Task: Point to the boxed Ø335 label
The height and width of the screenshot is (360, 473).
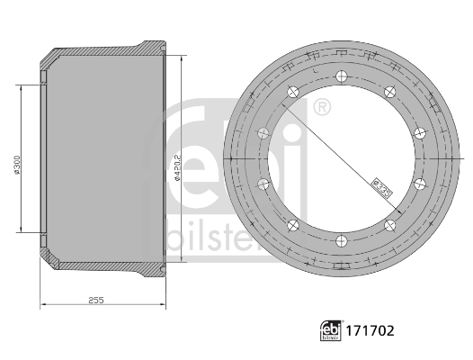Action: click(x=380, y=184)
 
